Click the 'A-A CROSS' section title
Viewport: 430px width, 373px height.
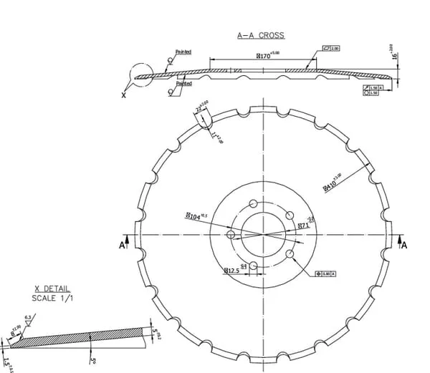tap(261, 34)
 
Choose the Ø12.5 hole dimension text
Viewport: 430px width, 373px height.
tap(231, 271)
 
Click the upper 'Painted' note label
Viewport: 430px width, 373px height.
tap(183, 52)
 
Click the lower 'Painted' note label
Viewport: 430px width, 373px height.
tap(183, 84)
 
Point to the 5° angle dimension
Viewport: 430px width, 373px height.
tap(92, 352)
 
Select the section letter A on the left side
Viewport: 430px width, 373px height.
tap(121, 245)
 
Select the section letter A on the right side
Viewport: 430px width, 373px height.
tap(404, 245)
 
